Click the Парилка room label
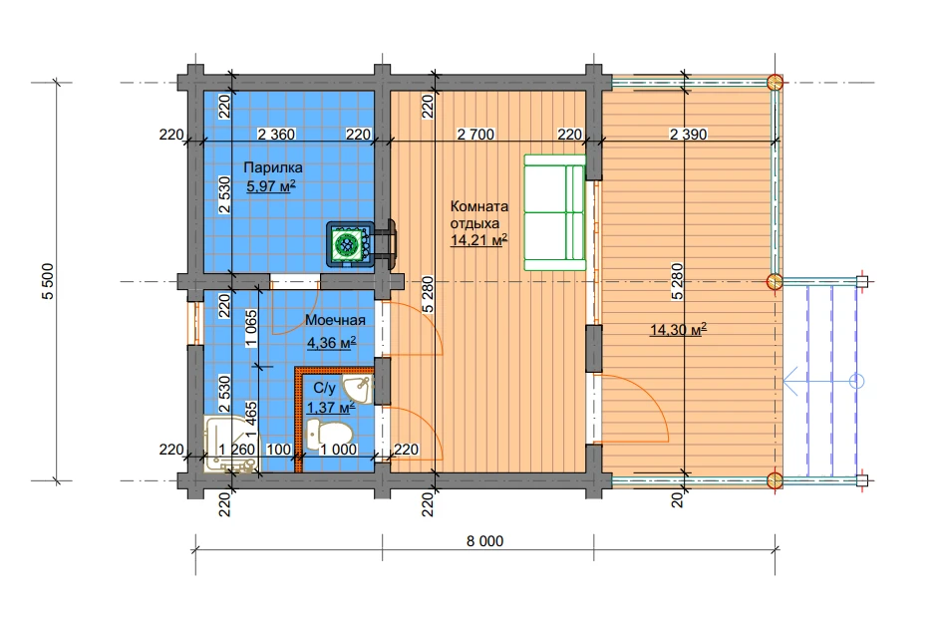[x=273, y=167]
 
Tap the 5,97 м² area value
[x=271, y=186]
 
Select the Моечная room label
[x=335, y=320]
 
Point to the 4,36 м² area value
[x=332, y=343]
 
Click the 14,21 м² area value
[x=478, y=240]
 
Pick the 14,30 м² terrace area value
[x=678, y=329]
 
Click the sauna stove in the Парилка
[x=349, y=244]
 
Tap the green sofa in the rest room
[x=554, y=212]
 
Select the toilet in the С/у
[x=328, y=435]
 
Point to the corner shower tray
[x=231, y=444]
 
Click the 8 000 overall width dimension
[x=484, y=541]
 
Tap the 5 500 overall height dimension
[x=48, y=281]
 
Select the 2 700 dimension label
[x=475, y=134]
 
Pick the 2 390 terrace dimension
[x=689, y=134]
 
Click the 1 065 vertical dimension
[x=251, y=328]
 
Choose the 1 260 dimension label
[x=236, y=450]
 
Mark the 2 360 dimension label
[x=276, y=134]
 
